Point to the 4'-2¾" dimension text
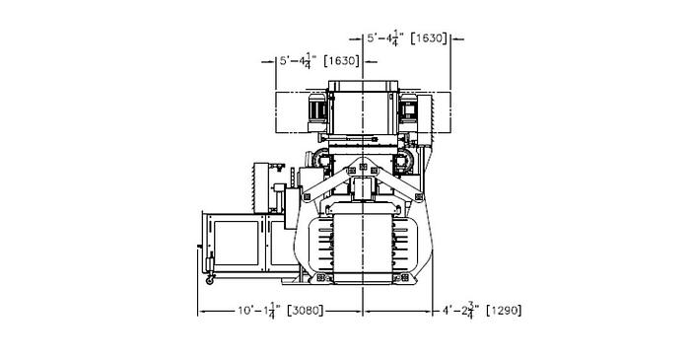(459, 311)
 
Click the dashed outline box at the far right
(441, 110)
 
